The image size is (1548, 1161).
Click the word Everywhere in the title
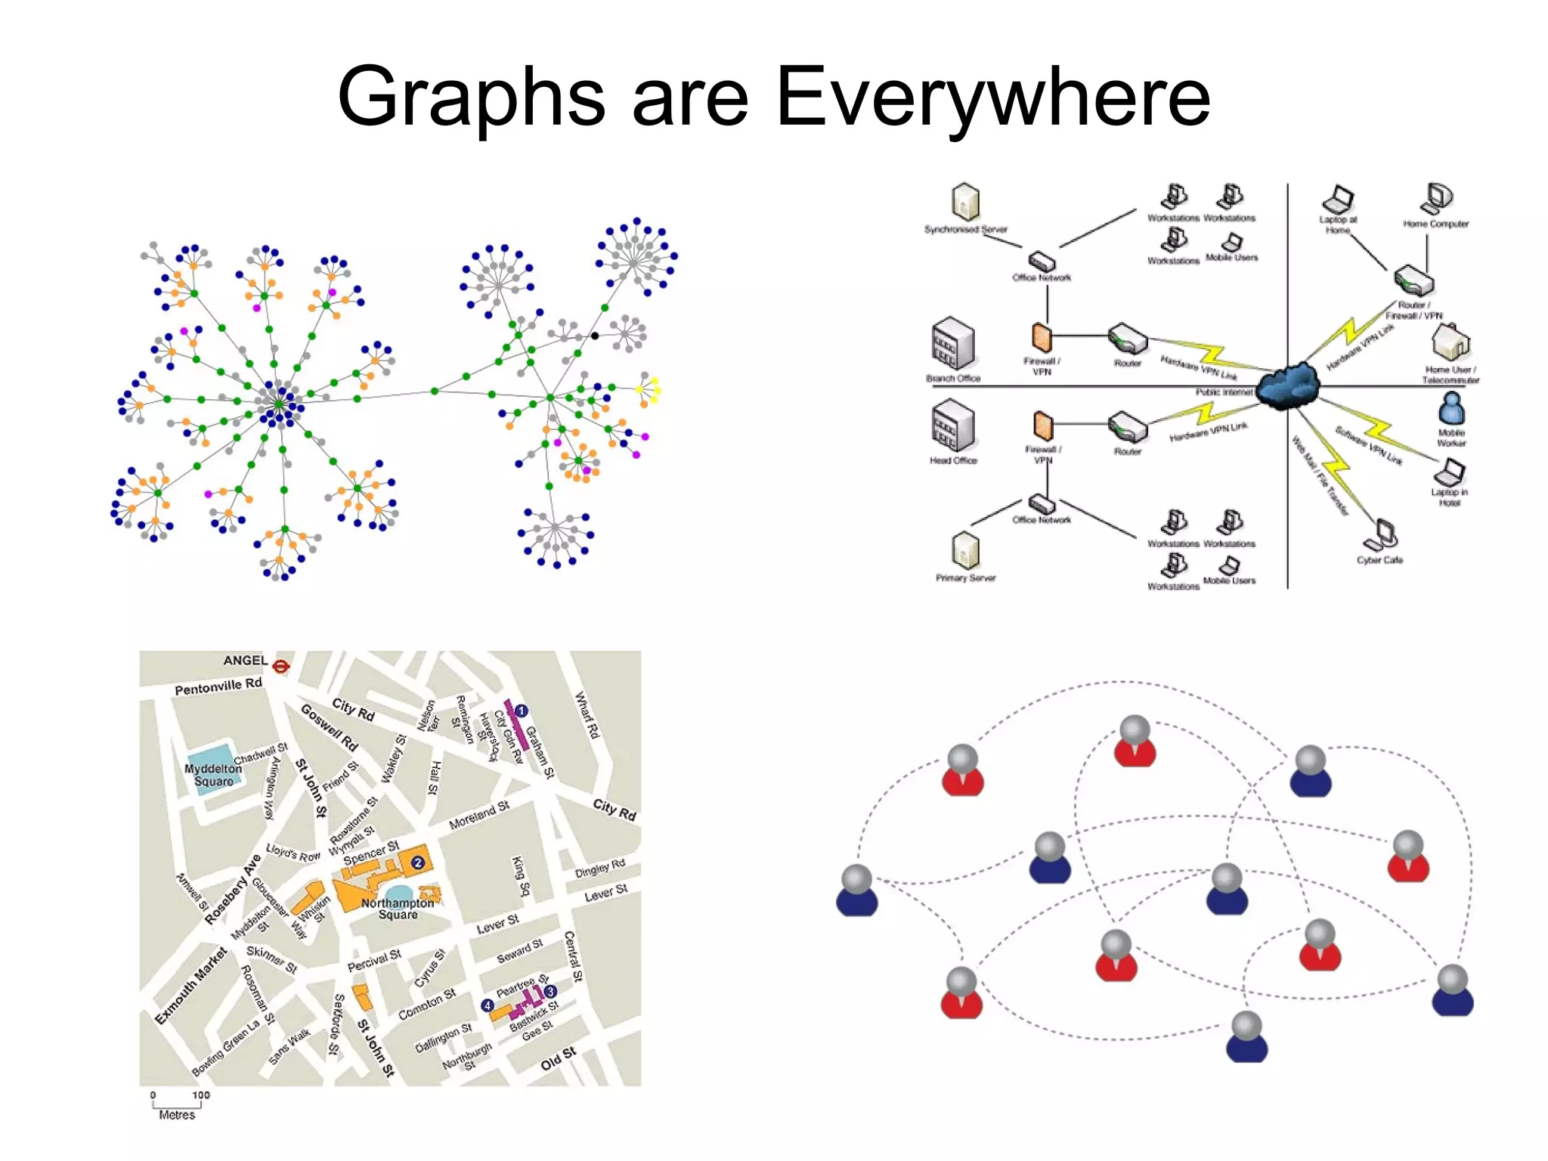(993, 97)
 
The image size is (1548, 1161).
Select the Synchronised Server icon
(965, 202)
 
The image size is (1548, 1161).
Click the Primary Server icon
(965, 550)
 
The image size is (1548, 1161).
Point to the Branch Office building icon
(952, 344)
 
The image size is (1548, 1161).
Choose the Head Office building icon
(952, 427)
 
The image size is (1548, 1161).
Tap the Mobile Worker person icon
(1451, 410)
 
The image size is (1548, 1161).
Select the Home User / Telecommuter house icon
(1450, 342)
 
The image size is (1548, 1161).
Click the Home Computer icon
(1437, 198)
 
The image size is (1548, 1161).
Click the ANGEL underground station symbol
(281, 665)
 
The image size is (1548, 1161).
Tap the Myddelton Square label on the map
(213, 775)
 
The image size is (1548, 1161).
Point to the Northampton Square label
(398, 909)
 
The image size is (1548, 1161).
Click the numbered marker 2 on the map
(417, 862)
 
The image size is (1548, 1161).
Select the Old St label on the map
(559, 1058)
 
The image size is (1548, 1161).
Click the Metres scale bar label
(177, 1115)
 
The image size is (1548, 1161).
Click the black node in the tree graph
(595, 336)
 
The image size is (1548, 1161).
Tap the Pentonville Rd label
(218, 686)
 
